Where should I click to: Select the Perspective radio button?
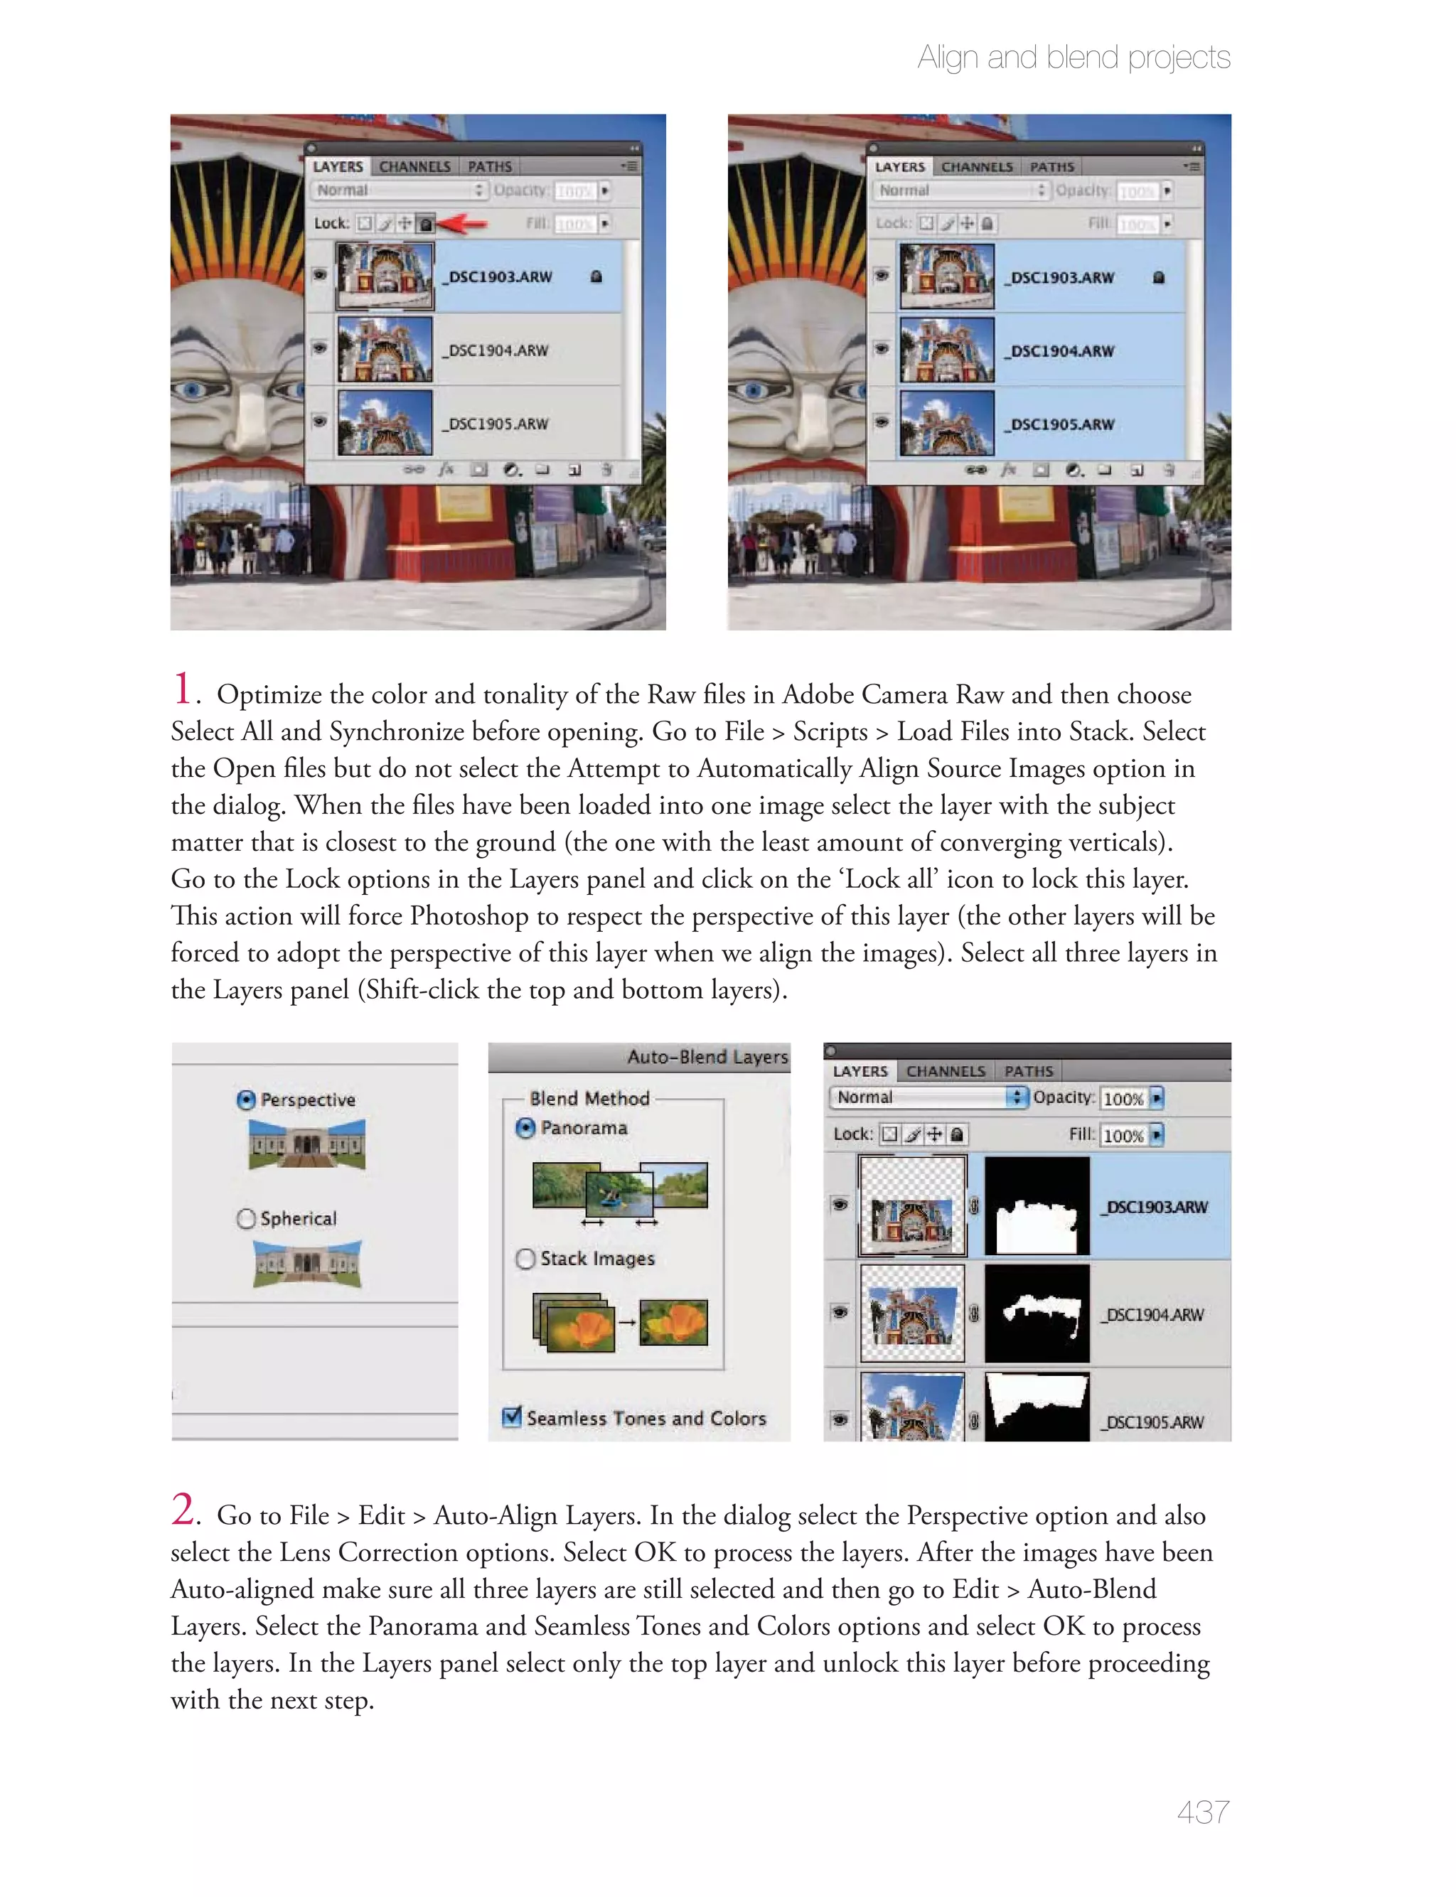click(246, 1100)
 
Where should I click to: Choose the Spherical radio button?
click(246, 1218)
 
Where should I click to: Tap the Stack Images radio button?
click(525, 1258)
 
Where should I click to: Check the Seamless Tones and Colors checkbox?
click(512, 1417)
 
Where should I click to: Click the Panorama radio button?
click(525, 1127)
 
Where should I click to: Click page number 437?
click(1202, 1811)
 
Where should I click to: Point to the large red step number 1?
click(183, 689)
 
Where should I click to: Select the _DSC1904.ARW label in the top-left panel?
click(498, 350)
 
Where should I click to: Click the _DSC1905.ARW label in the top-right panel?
click(1061, 424)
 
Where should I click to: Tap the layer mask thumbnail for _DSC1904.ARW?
click(1037, 1313)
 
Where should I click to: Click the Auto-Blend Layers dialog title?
click(707, 1057)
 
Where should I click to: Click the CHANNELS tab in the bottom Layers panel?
click(946, 1072)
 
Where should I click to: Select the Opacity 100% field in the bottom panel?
click(1123, 1098)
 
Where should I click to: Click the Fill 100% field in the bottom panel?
click(1123, 1135)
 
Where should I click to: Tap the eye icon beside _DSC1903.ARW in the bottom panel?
click(839, 1205)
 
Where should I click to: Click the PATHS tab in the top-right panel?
click(1051, 166)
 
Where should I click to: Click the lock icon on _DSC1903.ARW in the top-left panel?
click(596, 276)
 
